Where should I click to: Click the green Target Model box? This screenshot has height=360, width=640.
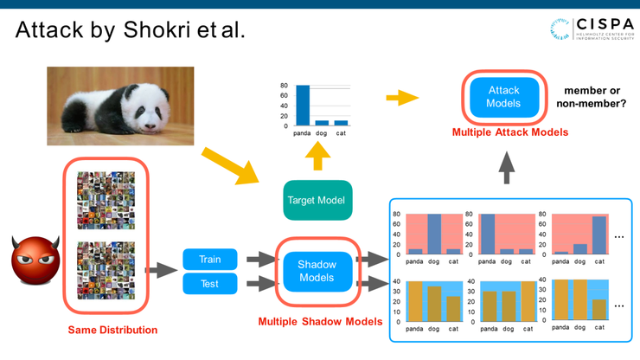coord(318,201)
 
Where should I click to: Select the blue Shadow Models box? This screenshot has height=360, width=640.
coord(317,271)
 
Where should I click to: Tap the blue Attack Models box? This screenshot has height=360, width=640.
coord(503,97)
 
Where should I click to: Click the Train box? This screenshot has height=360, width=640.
coord(209,259)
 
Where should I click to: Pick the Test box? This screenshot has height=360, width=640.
coord(209,283)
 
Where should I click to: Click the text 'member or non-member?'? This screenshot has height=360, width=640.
coord(594,96)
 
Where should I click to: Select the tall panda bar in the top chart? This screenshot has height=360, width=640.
coord(303,106)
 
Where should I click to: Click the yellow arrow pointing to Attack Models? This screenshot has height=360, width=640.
coord(398,97)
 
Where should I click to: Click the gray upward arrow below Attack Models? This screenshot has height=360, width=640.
coord(506,167)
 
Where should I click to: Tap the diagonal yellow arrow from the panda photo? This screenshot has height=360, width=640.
coord(226,165)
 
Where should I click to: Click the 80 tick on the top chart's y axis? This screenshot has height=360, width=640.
coord(284,86)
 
